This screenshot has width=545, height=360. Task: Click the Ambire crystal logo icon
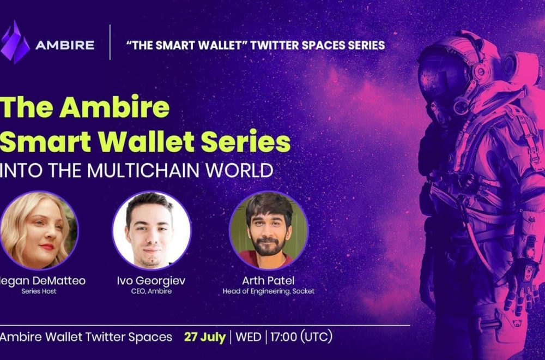tap(15, 42)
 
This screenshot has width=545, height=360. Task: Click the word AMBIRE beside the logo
tap(65, 45)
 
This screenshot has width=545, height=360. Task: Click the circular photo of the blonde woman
tap(39, 230)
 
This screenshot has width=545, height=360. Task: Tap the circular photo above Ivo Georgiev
tap(152, 230)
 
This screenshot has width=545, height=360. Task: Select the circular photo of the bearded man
tap(269, 230)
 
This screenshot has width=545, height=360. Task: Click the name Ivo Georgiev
tap(151, 281)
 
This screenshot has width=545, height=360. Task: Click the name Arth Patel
tap(268, 281)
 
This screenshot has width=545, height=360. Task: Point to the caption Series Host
tap(39, 291)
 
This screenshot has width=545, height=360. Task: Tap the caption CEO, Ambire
tap(151, 291)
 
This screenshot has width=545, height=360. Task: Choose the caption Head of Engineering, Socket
tap(268, 291)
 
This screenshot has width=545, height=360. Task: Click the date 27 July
tap(205, 337)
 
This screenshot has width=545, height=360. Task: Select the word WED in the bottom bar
tap(248, 337)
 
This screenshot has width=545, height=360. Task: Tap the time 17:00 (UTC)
tap(301, 337)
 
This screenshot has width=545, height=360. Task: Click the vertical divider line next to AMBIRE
tap(110, 42)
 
